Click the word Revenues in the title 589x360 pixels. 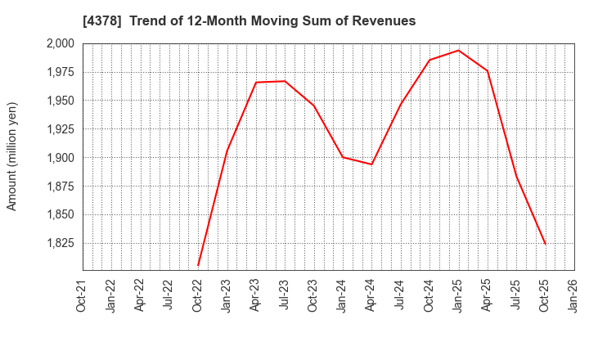click(x=384, y=21)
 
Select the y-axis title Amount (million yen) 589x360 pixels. click(x=12, y=156)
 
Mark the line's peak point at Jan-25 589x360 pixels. click(x=459, y=51)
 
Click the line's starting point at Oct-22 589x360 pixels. click(x=198, y=265)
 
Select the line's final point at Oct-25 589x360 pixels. click(x=546, y=244)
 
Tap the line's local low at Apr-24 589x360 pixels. click(x=371, y=164)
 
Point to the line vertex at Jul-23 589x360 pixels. click(x=285, y=81)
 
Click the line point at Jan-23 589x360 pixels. click(x=227, y=151)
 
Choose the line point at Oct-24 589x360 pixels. click(x=429, y=60)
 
